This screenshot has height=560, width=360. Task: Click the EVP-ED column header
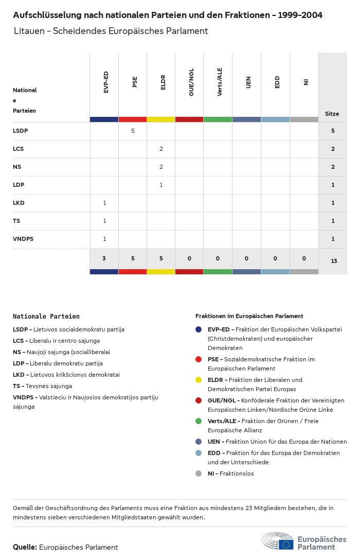[106, 82]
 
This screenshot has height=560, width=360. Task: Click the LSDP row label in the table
[21, 131]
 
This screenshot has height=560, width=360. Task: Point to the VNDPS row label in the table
[23, 239]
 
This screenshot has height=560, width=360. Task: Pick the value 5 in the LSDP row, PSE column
[133, 131]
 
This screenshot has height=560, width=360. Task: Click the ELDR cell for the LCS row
[161, 149]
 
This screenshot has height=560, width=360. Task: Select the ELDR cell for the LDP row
[161, 185]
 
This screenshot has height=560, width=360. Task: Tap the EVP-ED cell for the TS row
[104, 221]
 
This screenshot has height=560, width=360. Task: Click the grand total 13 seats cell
[334, 261]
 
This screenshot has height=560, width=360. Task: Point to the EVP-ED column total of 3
[104, 258]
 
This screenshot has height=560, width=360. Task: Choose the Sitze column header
[332, 114]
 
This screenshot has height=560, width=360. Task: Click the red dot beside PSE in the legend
[199, 359]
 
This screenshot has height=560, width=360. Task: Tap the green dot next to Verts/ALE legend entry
[199, 421]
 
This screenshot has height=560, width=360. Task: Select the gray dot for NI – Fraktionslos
[199, 474]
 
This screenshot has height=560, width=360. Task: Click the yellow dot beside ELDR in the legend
[199, 380]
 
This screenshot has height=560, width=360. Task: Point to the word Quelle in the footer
[25, 547]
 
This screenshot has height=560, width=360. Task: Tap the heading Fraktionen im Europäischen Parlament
[249, 316]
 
